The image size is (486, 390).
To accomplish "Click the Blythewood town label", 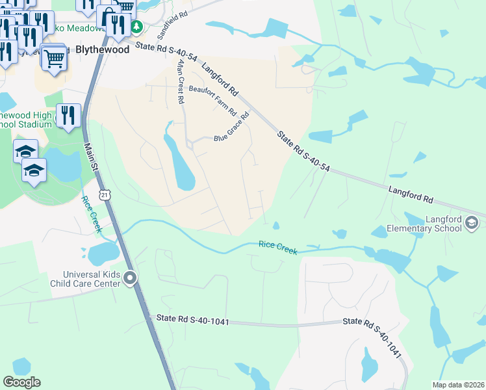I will pyautogui.click(x=100, y=49).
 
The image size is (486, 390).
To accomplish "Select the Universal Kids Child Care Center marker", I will pyautogui.click(x=130, y=279).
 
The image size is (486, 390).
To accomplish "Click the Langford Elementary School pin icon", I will pyautogui.click(x=472, y=224).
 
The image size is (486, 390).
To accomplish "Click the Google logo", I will pyautogui.click(x=22, y=382).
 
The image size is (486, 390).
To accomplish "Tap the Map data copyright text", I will pyautogui.click(x=458, y=385).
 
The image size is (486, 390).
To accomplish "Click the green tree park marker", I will pyautogui.click(x=136, y=27).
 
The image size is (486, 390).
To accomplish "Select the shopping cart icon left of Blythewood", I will pyautogui.click(x=55, y=58).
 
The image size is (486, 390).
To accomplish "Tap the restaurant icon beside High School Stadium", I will pyautogui.click(x=68, y=115).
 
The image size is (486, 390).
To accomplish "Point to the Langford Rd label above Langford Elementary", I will pyautogui.click(x=411, y=192).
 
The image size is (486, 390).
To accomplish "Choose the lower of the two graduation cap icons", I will pyautogui.click(x=34, y=170).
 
